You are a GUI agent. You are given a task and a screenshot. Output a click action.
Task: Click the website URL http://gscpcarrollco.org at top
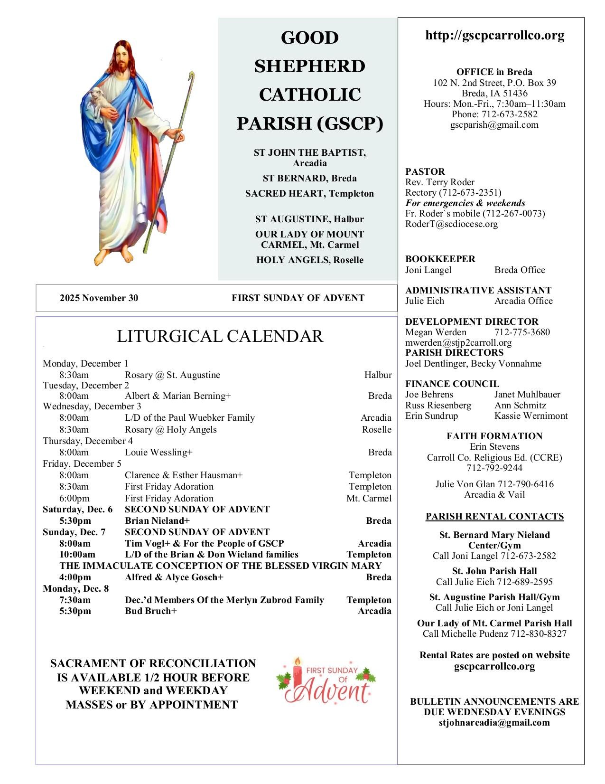494,36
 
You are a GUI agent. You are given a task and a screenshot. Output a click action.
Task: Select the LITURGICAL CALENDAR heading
220,336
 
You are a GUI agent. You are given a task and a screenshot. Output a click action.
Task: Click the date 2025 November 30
99,298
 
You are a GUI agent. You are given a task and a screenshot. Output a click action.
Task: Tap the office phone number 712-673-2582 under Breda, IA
509,114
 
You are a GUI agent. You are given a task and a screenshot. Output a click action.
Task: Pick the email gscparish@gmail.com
494,125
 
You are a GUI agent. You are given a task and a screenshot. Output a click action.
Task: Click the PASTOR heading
425,171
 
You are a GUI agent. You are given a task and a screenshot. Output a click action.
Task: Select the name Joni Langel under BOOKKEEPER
428,270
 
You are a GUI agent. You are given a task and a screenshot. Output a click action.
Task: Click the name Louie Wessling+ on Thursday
158,453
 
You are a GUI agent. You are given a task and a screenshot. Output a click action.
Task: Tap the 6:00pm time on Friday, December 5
74,499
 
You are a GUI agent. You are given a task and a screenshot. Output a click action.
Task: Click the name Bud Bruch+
151,611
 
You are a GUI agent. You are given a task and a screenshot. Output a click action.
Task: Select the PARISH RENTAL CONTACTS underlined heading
494,517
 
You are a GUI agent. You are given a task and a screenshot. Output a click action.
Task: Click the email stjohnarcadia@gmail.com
494,723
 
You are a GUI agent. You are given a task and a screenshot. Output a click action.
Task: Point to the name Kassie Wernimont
531,416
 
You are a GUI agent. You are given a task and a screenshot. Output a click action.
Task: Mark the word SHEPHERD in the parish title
309,66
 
